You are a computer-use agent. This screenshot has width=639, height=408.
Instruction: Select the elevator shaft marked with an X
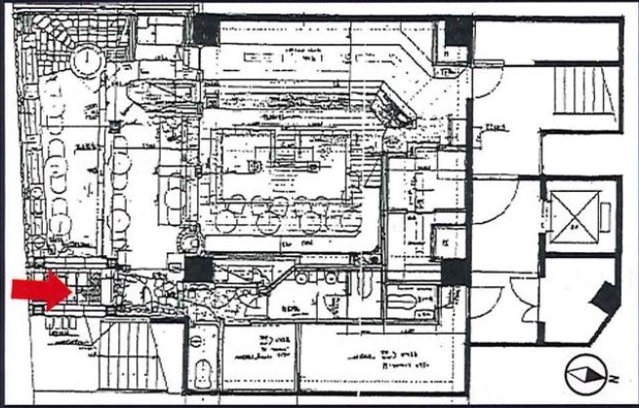(x=573, y=215)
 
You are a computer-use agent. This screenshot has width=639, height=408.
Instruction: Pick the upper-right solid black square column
(x=456, y=32)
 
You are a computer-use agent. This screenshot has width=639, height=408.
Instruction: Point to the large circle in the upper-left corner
(x=87, y=59)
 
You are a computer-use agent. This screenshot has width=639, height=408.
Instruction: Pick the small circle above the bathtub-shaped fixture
(x=202, y=341)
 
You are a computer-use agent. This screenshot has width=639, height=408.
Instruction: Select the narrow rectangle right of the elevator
(x=605, y=216)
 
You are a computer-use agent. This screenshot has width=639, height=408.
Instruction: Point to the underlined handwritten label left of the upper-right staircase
(x=499, y=127)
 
